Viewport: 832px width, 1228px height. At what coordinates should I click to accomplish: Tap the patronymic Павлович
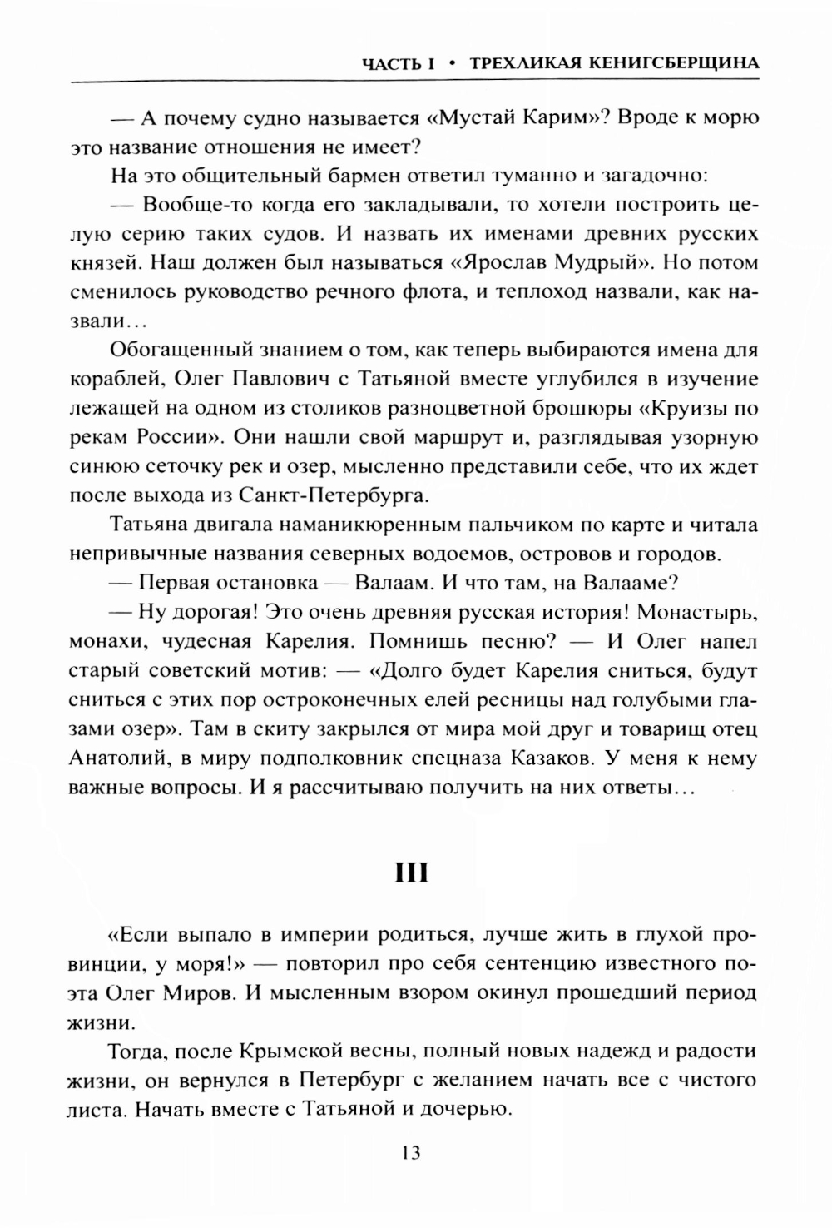point(282,379)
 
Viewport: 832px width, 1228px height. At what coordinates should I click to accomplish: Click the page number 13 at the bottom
point(411,1153)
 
